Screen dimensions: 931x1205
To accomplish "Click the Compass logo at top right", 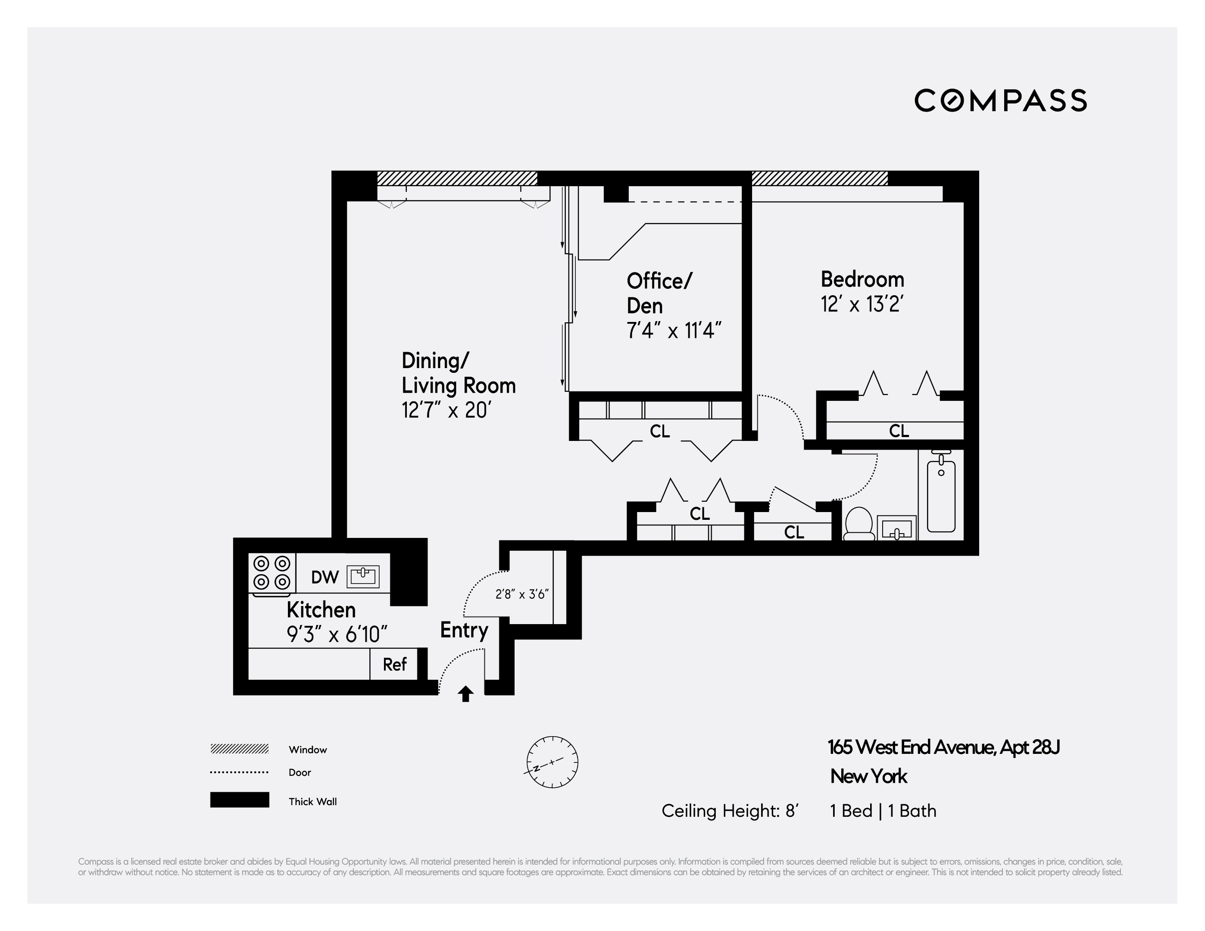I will click(x=1000, y=100).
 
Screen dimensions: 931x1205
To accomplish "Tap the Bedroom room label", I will click(x=862, y=279).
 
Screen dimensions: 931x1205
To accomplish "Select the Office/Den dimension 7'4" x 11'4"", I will click(x=674, y=331).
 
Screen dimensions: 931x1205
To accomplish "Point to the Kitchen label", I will click(x=321, y=610).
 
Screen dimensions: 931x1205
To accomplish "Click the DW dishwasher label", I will click(x=325, y=577).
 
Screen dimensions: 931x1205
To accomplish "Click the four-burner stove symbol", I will click(x=272, y=573).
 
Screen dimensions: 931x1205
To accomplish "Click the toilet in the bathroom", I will click(x=858, y=524).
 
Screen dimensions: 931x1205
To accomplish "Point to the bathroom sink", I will click(x=896, y=529).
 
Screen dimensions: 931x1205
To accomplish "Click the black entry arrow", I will click(x=466, y=694).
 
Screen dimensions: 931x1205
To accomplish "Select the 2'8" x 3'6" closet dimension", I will click(x=521, y=594).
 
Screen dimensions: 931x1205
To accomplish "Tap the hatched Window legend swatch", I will click(x=240, y=749).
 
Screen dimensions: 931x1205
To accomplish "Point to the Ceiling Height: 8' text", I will click(x=729, y=811).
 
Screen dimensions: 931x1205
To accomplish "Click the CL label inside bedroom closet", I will click(x=899, y=431).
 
